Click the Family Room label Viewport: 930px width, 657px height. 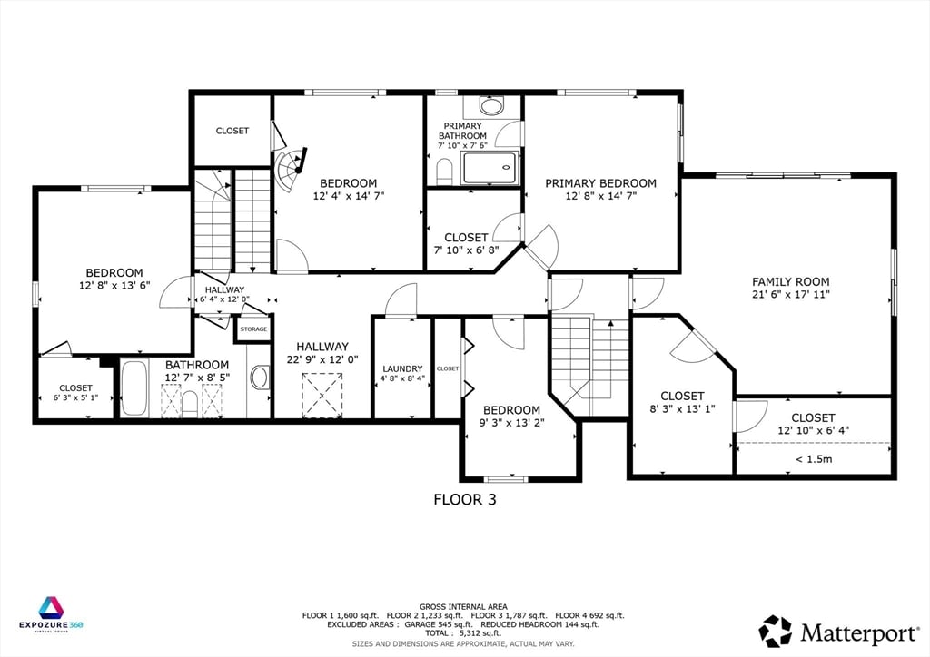(790, 282)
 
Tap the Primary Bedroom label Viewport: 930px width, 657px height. (600, 183)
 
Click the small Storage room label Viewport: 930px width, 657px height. (253, 329)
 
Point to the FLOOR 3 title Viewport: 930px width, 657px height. (464, 499)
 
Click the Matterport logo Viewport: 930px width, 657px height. (835, 631)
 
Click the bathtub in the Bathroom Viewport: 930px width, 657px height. (134, 388)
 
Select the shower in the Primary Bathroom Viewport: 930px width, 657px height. (490, 168)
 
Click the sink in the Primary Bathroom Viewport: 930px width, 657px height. (491, 106)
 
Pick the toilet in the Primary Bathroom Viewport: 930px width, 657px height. (444, 171)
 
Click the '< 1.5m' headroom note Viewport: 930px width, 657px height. (813, 458)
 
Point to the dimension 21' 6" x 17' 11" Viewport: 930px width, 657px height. (790, 295)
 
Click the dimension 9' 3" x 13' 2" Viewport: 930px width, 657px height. (511, 422)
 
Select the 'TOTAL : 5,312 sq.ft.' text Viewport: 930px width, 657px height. (464, 634)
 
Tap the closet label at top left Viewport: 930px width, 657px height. (232, 131)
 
